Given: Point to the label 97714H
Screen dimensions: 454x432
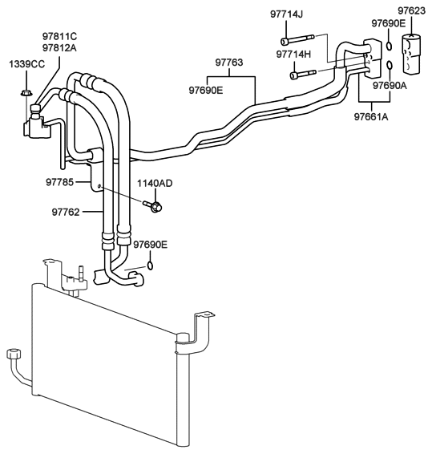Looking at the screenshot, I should pos(296,54).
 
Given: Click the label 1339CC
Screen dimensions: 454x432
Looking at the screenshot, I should pos(25,63).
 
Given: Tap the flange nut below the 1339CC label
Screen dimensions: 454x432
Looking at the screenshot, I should pos(26,94).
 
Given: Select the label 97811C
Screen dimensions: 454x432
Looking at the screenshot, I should pos(59,36).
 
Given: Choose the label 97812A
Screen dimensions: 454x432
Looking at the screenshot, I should pos(59,47).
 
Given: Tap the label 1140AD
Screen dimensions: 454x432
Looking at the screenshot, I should pos(155,183).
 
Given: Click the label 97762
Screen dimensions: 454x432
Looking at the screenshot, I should pos(68,212).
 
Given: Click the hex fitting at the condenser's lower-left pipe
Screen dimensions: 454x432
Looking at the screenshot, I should pos(13,354).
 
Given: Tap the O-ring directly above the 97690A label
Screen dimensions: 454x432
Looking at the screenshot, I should pos(389,64).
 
